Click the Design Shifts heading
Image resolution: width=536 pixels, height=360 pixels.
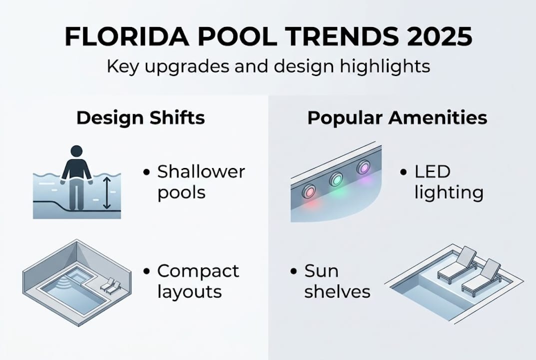(140, 118)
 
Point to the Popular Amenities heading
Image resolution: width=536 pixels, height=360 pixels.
(397, 118)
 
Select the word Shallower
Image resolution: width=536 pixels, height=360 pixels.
(201, 172)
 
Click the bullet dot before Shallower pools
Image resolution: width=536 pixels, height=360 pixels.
(146, 172)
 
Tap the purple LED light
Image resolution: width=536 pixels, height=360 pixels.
(363, 167)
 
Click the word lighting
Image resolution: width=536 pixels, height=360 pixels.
(449, 193)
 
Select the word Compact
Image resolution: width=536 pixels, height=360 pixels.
(198, 271)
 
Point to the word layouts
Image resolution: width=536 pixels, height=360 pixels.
(189, 291)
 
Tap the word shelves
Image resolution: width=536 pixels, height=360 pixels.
(337, 291)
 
